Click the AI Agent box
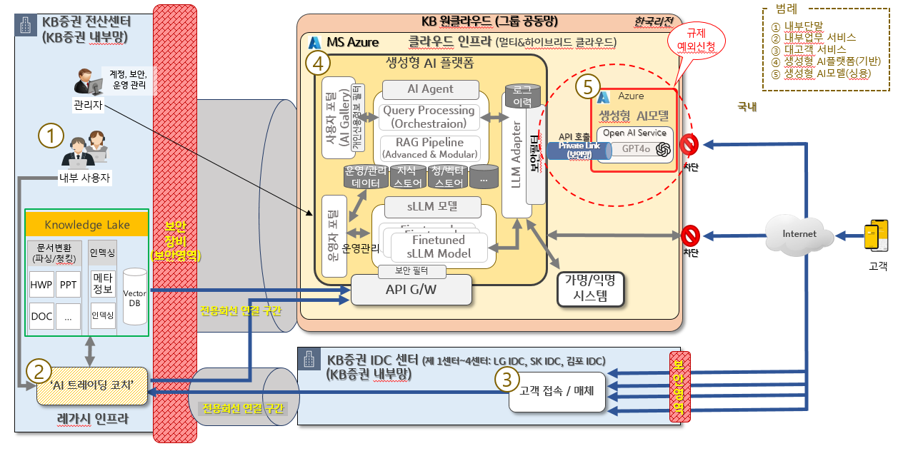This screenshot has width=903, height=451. click(x=430, y=89)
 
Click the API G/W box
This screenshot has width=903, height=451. click(x=411, y=290)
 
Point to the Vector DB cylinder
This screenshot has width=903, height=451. click(x=136, y=296)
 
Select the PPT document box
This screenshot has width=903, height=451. click(x=69, y=283)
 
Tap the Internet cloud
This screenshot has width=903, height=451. click(x=799, y=233)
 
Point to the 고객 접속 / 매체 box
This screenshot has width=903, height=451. click(x=557, y=391)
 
